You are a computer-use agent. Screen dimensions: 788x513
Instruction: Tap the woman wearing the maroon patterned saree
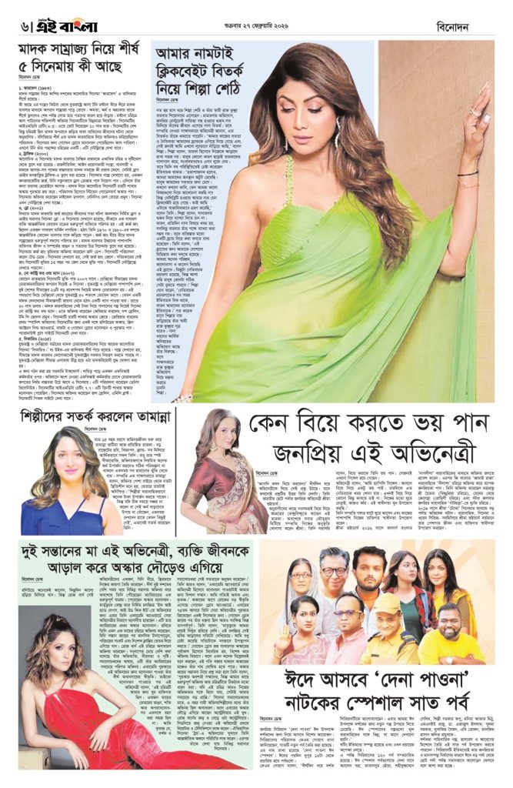click(208, 477)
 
